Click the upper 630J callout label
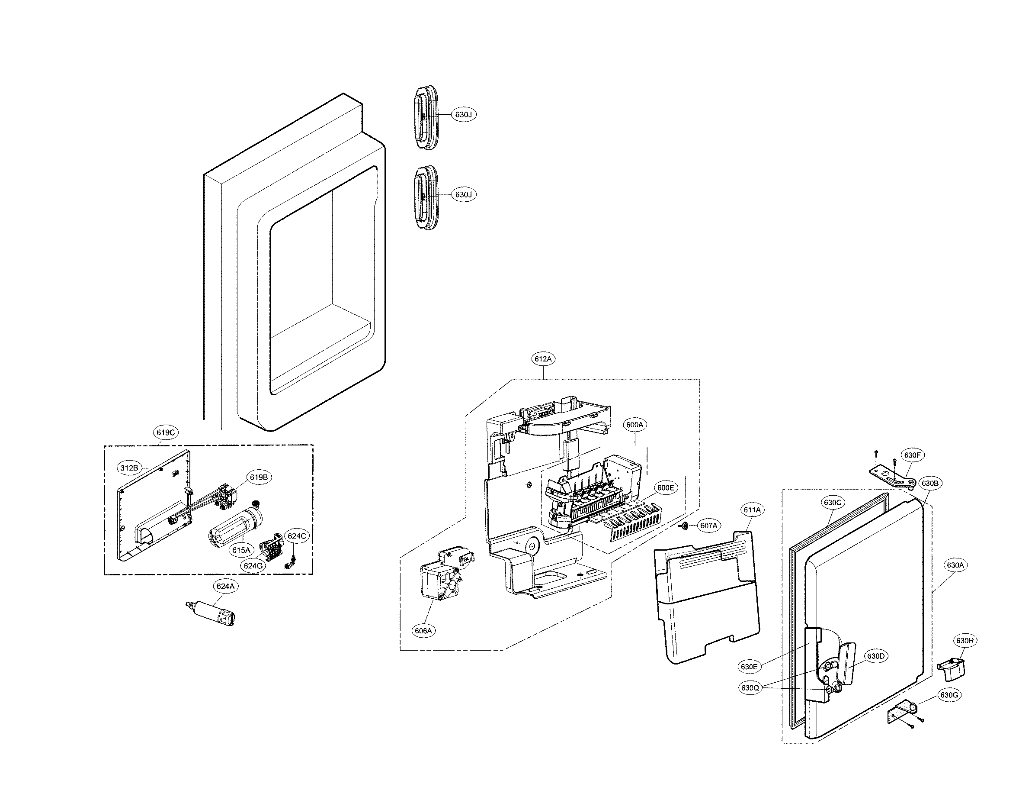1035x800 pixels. [x=463, y=114]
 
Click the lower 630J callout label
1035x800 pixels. [x=463, y=194]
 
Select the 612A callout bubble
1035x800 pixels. [x=543, y=359]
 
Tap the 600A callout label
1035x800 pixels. [x=634, y=425]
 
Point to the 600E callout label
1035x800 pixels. [x=665, y=487]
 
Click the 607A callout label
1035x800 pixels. [x=708, y=526]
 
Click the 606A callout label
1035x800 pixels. [x=423, y=631]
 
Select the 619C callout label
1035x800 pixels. [x=166, y=432]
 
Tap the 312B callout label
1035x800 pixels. [x=129, y=468]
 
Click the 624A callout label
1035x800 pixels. [x=225, y=586]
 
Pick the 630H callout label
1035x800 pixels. [x=965, y=641]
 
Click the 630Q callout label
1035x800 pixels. [x=750, y=687]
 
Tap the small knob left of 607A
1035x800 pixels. [x=685, y=526]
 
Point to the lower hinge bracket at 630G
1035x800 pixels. [x=900, y=714]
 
